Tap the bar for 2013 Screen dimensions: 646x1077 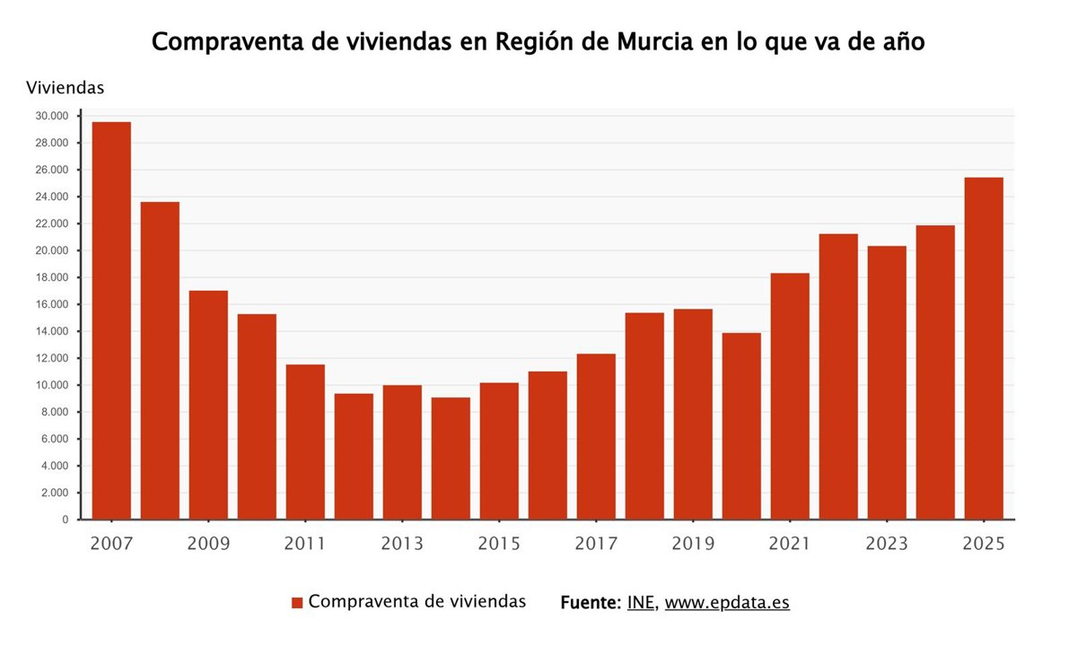click(x=402, y=452)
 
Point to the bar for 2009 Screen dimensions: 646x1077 click(x=208, y=405)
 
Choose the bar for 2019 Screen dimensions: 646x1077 click(x=693, y=414)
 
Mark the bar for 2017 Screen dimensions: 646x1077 click(x=596, y=436)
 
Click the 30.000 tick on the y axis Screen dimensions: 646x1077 click(x=51, y=116)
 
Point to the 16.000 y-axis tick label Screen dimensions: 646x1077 click(x=51, y=304)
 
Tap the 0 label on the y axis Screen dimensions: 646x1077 click(x=65, y=519)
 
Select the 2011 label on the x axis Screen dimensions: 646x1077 click(x=305, y=544)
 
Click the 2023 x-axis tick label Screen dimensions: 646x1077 click(x=887, y=544)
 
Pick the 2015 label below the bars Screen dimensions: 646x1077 click(x=499, y=544)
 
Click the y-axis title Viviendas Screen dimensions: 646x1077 click(x=66, y=88)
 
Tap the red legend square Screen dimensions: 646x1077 click(x=297, y=603)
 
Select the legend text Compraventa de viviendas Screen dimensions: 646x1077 click(x=416, y=602)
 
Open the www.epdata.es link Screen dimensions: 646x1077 click(x=727, y=602)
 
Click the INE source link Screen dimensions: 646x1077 click(x=641, y=602)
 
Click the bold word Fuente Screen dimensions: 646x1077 click(x=589, y=602)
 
